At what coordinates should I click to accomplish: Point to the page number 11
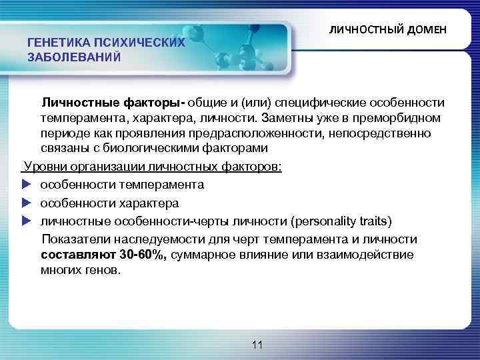(258, 345)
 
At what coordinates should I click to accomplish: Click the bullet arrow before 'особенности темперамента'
(27, 184)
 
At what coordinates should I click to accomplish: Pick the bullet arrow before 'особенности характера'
(27, 203)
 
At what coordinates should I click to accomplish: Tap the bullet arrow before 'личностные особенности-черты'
(27, 221)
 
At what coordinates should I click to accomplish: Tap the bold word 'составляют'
(77, 254)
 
